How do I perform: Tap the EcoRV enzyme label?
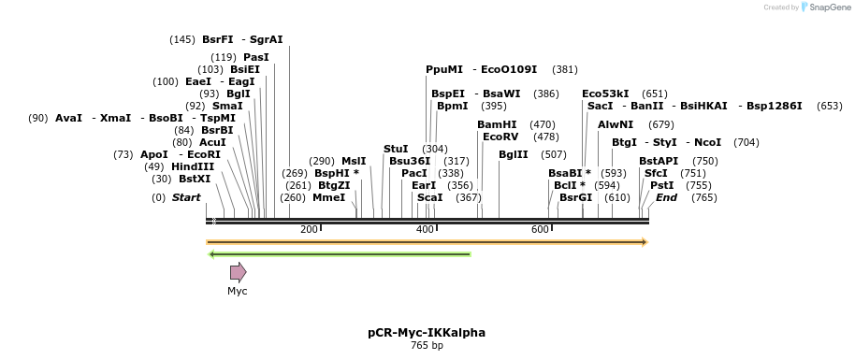[x=500, y=137]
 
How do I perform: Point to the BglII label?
[x=514, y=154]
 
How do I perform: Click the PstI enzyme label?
[x=661, y=185]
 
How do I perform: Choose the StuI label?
[x=396, y=149]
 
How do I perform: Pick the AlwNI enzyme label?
[x=615, y=124]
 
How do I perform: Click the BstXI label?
[x=196, y=179]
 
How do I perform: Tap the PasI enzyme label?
[x=255, y=57]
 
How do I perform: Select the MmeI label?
[x=328, y=197]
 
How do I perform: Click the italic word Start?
[x=186, y=197]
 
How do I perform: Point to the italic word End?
[x=666, y=197]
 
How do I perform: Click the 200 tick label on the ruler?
[x=309, y=229]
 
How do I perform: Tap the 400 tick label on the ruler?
[x=425, y=229]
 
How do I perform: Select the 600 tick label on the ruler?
[x=540, y=229]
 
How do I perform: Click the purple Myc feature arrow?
[x=238, y=272]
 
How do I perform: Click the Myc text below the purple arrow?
[x=238, y=291]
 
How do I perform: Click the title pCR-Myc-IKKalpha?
[x=427, y=332]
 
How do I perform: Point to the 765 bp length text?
[x=427, y=346]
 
